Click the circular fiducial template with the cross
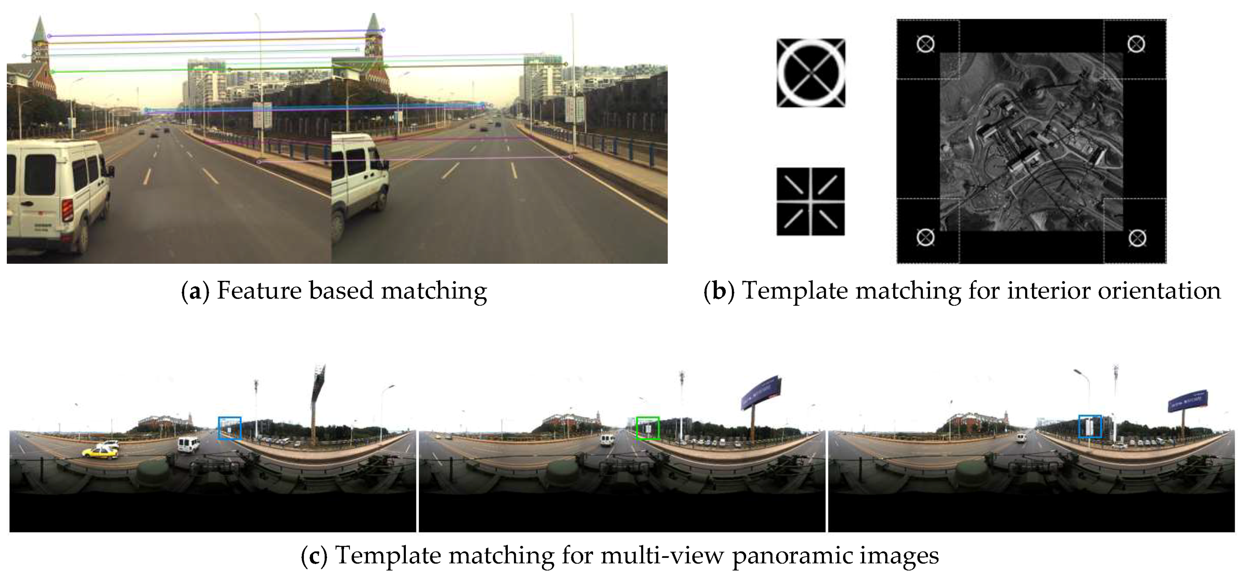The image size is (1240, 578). pyautogui.click(x=811, y=73)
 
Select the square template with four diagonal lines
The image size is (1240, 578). pyautogui.click(x=811, y=201)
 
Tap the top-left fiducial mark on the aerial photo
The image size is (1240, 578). pyautogui.click(x=925, y=44)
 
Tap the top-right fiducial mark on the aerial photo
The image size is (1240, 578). pyautogui.click(x=1136, y=44)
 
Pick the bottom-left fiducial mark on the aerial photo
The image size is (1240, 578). pyautogui.click(x=925, y=237)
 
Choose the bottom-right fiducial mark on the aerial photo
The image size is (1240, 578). pyautogui.click(x=1137, y=238)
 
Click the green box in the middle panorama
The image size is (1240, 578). pyautogui.click(x=647, y=428)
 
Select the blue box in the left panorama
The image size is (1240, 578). pyautogui.click(x=230, y=428)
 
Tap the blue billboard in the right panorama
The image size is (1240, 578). pyautogui.click(x=1188, y=400)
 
